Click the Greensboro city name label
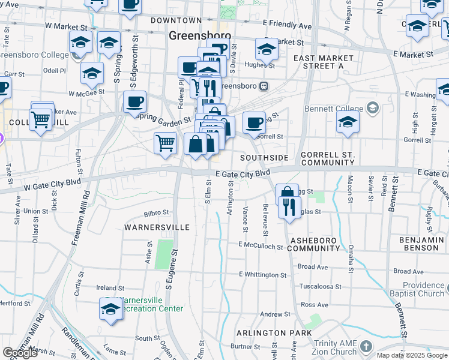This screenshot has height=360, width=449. [x=191, y=35]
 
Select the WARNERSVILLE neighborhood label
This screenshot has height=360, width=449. [x=157, y=227]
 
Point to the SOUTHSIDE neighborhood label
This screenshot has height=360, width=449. [x=264, y=158]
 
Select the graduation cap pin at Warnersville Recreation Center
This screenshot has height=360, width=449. [x=111, y=309]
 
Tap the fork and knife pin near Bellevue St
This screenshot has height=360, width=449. [x=289, y=208]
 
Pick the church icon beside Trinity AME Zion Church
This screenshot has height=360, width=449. [x=367, y=347]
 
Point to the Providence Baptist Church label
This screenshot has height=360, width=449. [x=423, y=289]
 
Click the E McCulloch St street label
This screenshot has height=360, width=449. [x=260, y=245]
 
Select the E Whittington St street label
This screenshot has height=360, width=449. [x=262, y=275]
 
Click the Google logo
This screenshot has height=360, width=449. [x=20, y=353]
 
